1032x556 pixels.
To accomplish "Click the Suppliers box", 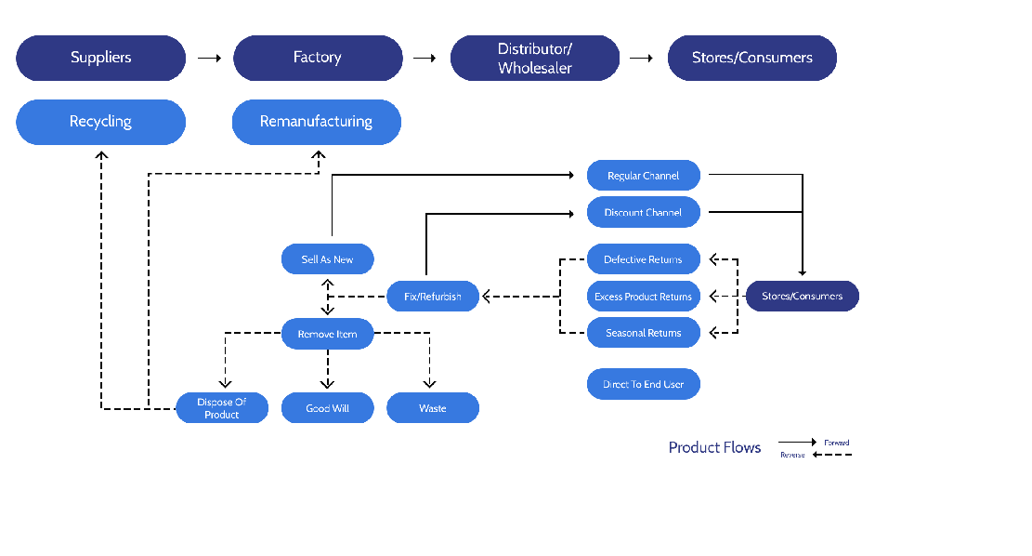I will pyautogui.click(x=101, y=58).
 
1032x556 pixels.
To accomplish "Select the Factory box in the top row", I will pyautogui.click(x=317, y=58).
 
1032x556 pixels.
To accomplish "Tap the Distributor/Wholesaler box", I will pyautogui.click(x=534, y=58).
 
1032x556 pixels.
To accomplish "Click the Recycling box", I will pyautogui.click(x=101, y=122).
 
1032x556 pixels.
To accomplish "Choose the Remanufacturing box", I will pyautogui.click(x=316, y=122).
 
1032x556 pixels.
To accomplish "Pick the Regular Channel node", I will pyautogui.click(x=643, y=176).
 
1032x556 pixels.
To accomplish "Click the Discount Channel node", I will pyautogui.click(x=643, y=212).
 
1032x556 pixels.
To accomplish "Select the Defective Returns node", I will pyautogui.click(x=643, y=259).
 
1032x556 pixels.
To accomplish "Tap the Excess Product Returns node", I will pyautogui.click(x=643, y=297).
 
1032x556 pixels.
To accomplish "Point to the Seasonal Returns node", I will pyautogui.click(x=643, y=333).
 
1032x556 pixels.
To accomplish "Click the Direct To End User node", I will pyautogui.click(x=643, y=384).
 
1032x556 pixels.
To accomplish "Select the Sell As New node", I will pyautogui.click(x=327, y=259).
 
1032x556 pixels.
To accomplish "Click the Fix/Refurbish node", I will pyautogui.click(x=433, y=297).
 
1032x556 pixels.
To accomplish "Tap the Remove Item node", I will pyautogui.click(x=327, y=334).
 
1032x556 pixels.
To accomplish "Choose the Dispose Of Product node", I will pyautogui.click(x=222, y=408).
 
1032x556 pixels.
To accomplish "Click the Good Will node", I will pyautogui.click(x=327, y=408).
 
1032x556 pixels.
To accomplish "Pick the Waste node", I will pyautogui.click(x=433, y=408).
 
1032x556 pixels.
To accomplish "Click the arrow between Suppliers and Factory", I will pyautogui.click(x=209, y=58).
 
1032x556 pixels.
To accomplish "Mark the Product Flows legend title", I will pyautogui.click(x=714, y=448).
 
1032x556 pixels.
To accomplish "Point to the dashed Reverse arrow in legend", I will pyautogui.click(x=832, y=455).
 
